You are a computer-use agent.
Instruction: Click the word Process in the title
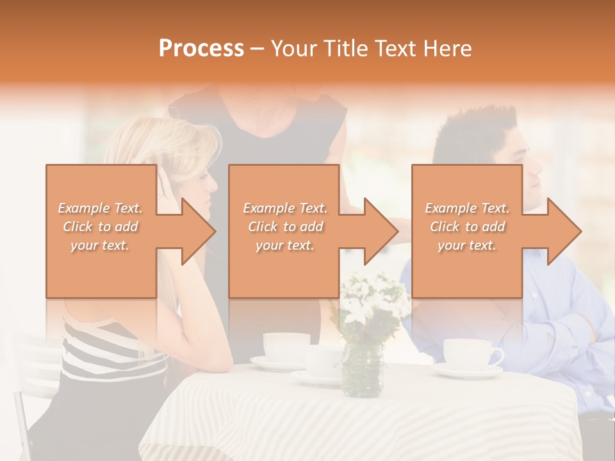click(201, 49)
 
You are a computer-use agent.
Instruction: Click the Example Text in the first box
click(101, 208)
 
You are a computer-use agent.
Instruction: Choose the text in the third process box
click(467, 227)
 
